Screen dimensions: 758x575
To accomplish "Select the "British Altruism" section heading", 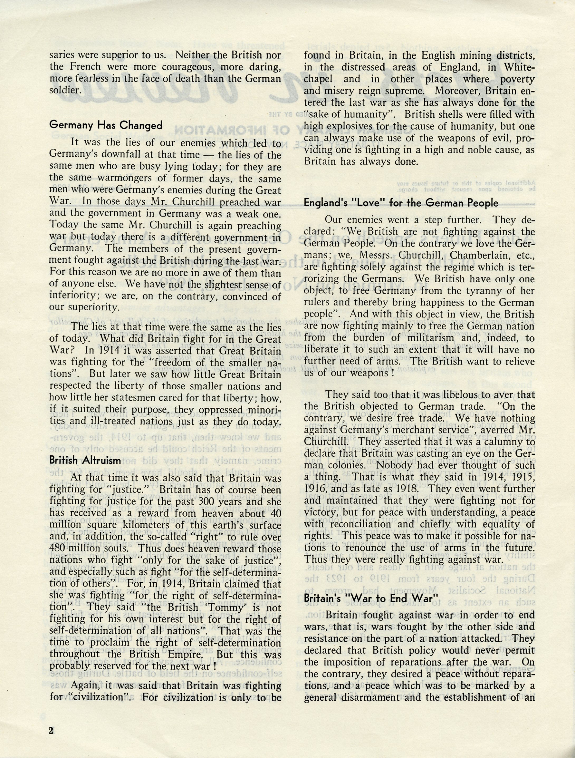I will [85, 460].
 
